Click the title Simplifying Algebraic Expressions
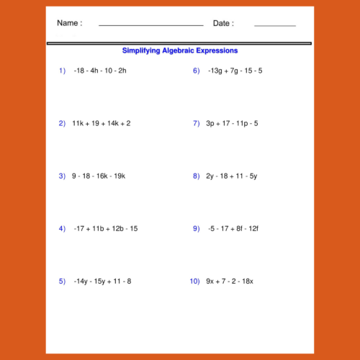(x=180, y=51)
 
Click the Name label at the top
(x=69, y=23)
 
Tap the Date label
(x=223, y=23)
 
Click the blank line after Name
(x=150, y=26)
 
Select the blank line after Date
(x=274, y=26)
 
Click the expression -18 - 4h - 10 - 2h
(x=100, y=71)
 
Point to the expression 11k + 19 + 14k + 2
(x=102, y=123)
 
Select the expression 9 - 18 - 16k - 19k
(x=99, y=176)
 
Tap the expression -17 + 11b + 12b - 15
(x=106, y=228)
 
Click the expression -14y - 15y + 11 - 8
(x=103, y=281)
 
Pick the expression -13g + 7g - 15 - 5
(x=235, y=71)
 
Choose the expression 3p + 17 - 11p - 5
(x=232, y=123)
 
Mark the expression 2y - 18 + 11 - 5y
(x=232, y=176)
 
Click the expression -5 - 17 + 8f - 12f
(x=233, y=228)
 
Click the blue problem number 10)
(x=194, y=281)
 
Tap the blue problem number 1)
(x=62, y=71)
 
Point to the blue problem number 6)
(x=196, y=71)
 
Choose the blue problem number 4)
(x=62, y=228)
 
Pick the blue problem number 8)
(x=196, y=176)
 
